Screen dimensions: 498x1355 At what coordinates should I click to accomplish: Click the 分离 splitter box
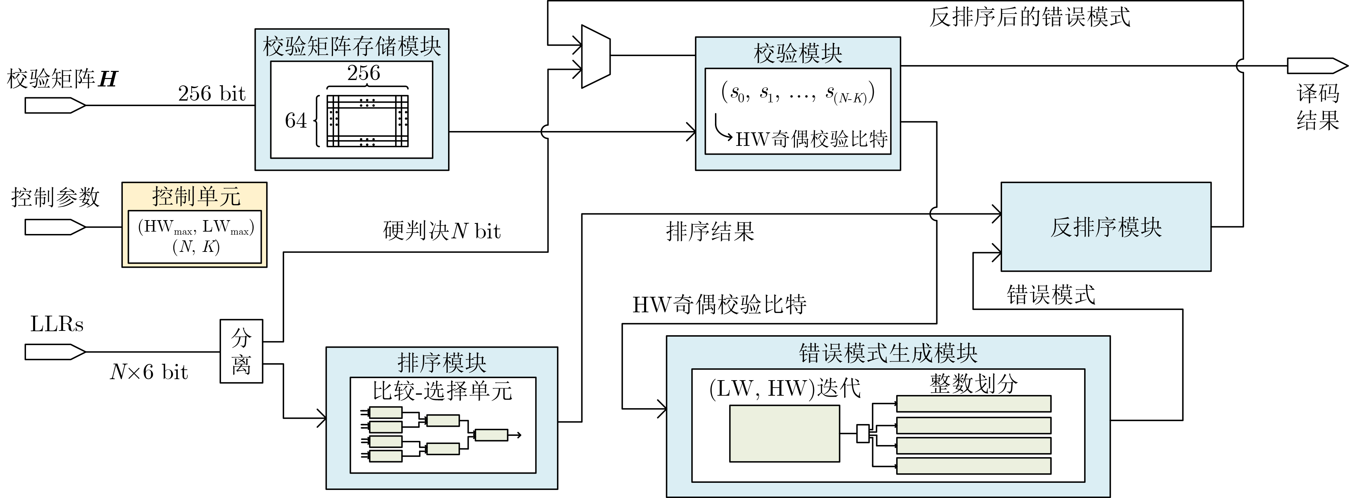coord(241,351)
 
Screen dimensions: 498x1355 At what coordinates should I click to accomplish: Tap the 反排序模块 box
coord(1106,227)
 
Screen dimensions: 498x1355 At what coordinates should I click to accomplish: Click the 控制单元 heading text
coord(196,196)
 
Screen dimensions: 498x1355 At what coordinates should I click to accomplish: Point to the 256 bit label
coord(212,94)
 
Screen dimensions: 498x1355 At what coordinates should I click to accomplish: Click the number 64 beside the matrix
coord(296,121)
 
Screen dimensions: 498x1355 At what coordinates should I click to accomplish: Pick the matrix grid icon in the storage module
coord(367,121)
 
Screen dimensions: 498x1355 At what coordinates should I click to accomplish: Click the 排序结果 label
coord(710,231)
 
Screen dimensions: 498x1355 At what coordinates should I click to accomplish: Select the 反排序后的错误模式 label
coord(1029,17)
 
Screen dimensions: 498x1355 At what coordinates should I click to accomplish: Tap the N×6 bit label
coord(149,372)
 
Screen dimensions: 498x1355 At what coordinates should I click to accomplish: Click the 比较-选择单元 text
coord(442,391)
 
